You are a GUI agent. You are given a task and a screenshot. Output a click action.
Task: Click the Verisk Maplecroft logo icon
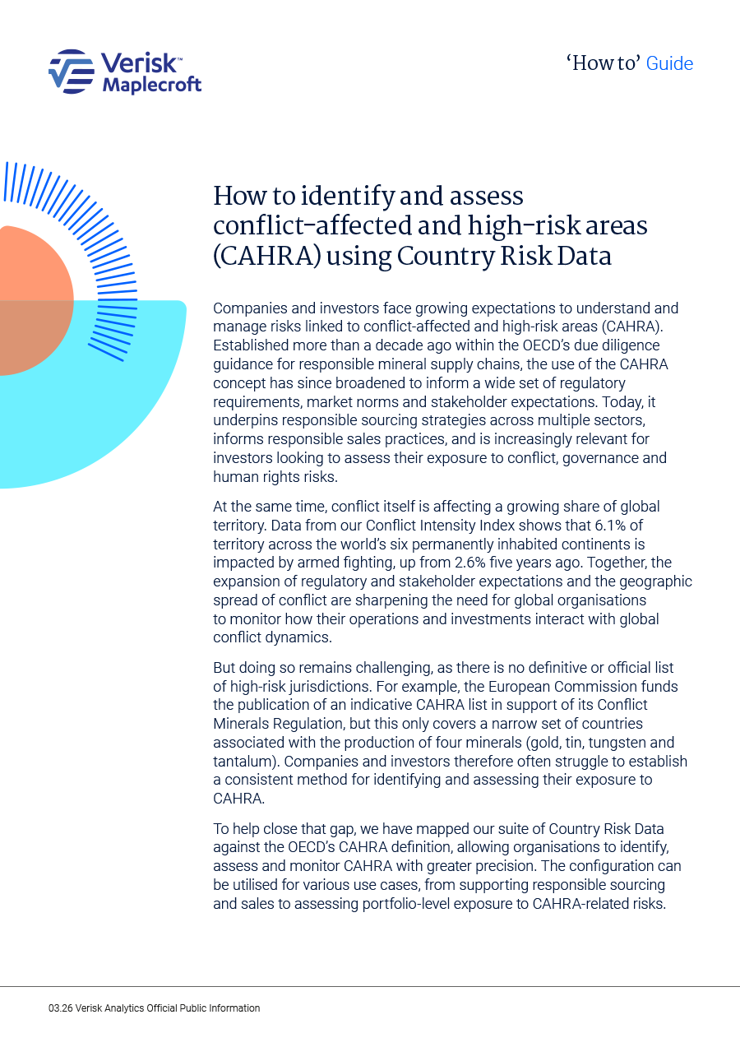[71, 72]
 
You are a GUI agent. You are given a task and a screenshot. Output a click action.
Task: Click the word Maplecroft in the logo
[151, 84]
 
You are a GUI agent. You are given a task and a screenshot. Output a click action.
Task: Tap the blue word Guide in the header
[669, 63]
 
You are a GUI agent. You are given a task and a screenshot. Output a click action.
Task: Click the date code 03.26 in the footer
[60, 1008]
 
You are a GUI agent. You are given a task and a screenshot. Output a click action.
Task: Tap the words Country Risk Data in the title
[504, 256]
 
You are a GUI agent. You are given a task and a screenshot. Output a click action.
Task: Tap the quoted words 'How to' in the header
[603, 63]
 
